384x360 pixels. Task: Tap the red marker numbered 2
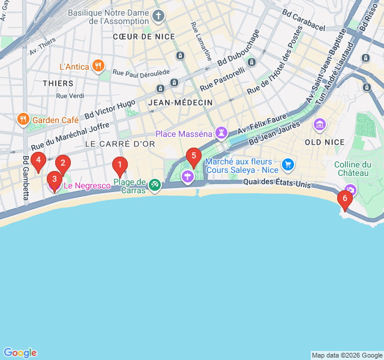63,163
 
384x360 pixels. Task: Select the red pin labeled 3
54,179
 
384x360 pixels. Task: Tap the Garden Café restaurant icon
23,119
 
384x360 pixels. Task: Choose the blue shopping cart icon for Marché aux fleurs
288,164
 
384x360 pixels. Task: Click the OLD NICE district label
325,142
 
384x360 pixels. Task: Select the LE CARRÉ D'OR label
120,144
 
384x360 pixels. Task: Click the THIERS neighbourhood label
58,83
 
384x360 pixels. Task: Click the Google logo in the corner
20,353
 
